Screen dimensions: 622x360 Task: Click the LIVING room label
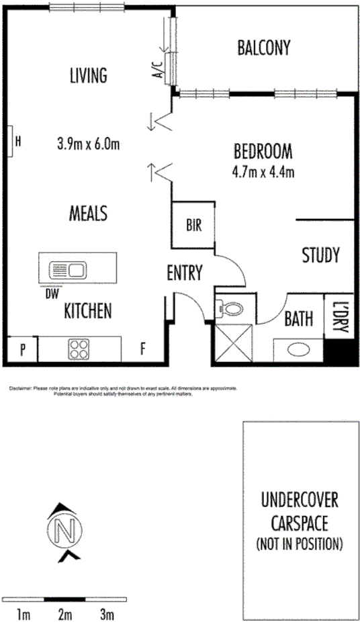[88, 75]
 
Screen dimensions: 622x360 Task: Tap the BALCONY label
[264, 48]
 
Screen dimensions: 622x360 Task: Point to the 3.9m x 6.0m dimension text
[88, 142]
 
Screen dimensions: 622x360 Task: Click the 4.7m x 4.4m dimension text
[262, 172]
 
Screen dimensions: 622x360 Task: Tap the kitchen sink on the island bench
[67, 270]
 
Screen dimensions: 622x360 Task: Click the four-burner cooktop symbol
[79, 350]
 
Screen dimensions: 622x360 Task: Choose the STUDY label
[320, 255]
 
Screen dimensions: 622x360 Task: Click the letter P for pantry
[22, 349]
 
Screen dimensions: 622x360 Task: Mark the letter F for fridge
[143, 349]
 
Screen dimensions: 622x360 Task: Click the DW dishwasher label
[51, 294]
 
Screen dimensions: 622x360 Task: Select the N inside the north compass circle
[66, 529]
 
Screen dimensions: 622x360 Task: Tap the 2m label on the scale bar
[65, 614]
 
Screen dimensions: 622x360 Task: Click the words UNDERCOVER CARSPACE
[299, 510]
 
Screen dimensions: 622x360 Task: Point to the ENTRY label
[185, 272]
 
